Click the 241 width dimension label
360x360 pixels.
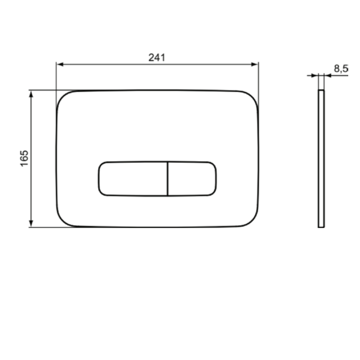[x=157, y=57]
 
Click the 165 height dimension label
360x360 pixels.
[x=24, y=159]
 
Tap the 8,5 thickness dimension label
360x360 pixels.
[x=341, y=69]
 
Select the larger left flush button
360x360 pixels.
[x=133, y=179]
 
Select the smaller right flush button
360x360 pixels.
[x=192, y=179]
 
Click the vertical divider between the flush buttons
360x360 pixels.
[x=168, y=179]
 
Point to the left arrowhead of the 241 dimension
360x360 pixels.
[x=60, y=64]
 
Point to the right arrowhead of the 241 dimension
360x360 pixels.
[x=255, y=64]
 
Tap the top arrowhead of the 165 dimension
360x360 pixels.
[x=31, y=94]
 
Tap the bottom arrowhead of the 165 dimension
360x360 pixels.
[x=31, y=223]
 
